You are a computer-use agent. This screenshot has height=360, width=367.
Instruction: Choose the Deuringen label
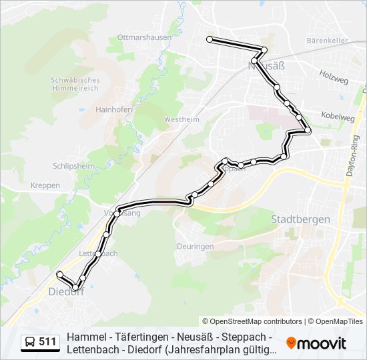point(195,246)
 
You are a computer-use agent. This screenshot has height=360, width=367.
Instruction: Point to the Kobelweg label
point(338,117)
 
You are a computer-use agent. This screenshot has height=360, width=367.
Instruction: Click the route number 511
point(47,342)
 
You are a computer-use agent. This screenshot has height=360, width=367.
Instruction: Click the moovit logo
point(316,343)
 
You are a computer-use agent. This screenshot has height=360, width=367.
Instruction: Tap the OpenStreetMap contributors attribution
point(252,321)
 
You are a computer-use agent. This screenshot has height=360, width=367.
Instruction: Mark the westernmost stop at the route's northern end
point(210,40)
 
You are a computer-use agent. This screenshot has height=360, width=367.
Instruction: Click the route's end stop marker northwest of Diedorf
point(60,274)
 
